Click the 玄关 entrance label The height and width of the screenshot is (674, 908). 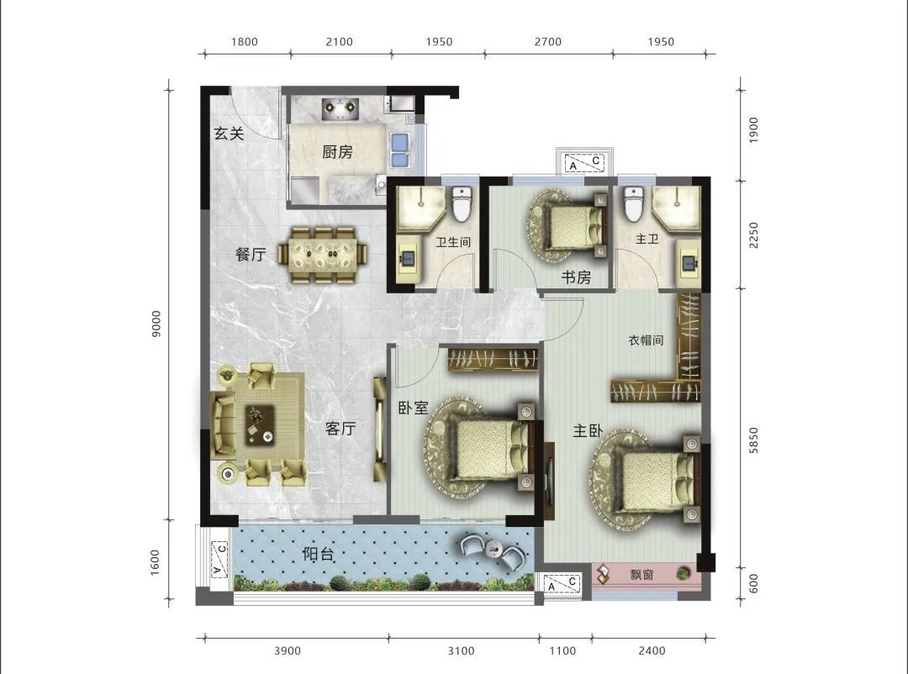[x=230, y=134]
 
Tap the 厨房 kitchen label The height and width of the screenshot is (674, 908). [x=337, y=152]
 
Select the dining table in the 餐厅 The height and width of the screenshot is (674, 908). [x=323, y=255]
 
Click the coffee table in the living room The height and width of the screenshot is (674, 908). [x=260, y=424]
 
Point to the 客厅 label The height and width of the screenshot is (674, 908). [x=340, y=429]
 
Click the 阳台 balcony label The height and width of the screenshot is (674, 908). [x=319, y=554]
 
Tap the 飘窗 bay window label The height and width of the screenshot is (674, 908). [x=641, y=574]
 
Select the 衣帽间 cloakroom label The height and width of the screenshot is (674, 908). [x=646, y=340]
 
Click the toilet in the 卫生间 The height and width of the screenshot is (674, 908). [x=462, y=204]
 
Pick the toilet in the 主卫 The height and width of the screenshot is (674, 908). [x=634, y=204]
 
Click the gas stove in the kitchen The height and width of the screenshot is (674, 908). [x=340, y=108]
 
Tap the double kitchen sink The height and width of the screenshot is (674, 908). [x=399, y=150]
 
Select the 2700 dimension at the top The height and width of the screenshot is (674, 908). [x=548, y=42]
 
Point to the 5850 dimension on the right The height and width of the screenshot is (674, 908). [x=752, y=440]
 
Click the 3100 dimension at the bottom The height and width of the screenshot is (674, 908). [x=461, y=650]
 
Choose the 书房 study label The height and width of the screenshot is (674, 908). [x=576, y=277]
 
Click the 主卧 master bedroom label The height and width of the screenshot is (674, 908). [x=588, y=430]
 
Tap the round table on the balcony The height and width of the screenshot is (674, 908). [x=494, y=547]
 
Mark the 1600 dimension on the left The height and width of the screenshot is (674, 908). [x=155, y=562]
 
